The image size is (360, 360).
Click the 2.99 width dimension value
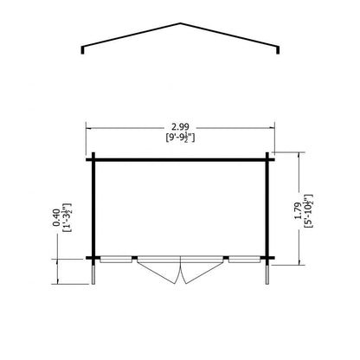(180, 127)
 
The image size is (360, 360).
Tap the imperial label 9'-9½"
(180, 138)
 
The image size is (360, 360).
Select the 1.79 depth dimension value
(299, 210)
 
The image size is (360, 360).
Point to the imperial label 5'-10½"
(309, 211)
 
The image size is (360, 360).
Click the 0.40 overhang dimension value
(56, 217)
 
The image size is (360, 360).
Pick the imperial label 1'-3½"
(67, 218)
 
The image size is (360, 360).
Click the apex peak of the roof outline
(181, 23)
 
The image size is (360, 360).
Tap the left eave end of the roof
(83, 50)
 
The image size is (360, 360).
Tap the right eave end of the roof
(278, 50)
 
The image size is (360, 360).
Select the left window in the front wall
(116, 260)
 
